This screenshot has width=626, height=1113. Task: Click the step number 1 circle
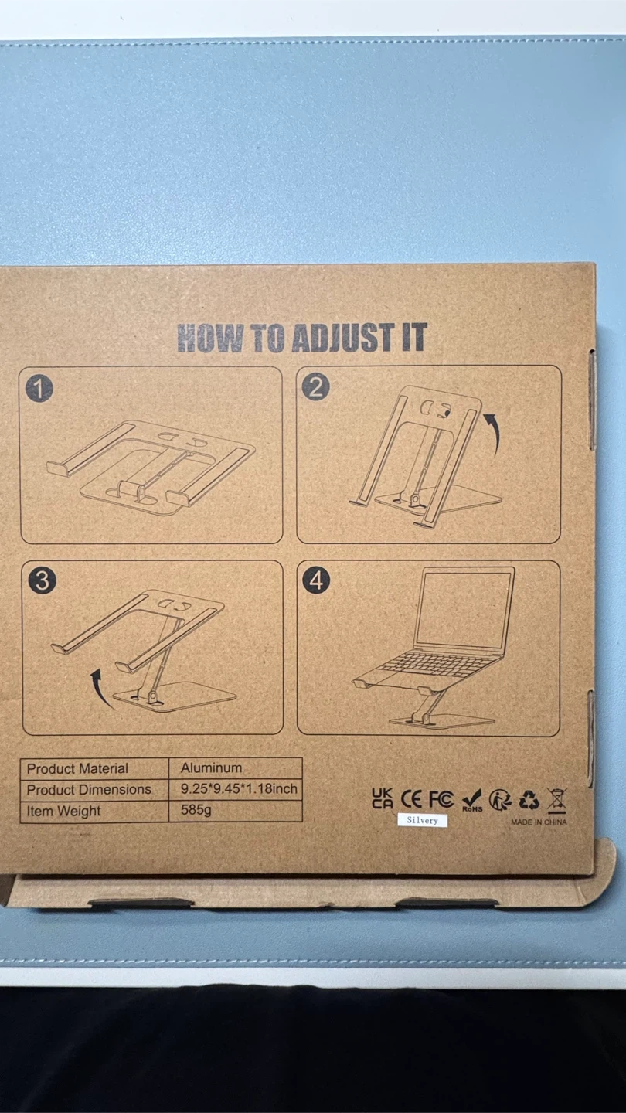pyautogui.click(x=39, y=388)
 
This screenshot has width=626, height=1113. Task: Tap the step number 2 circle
pyautogui.click(x=316, y=386)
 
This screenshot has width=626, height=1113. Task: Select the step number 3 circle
pyautogui.click(x=43, y=581)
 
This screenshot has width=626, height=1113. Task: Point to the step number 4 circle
pyautogui.click(x=317, y=580)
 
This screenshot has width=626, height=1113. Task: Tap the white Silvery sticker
pyautogui.click(x=422, y=820)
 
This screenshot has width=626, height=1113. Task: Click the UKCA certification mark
pyautogui.click(x=383, y=798)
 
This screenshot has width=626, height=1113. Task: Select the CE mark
pyautogui.click(x=411, y=799)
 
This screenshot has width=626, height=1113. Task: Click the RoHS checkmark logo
pyautogui.click(x=472, y=800)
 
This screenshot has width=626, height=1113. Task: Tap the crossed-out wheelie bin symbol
pyautogui.click(x=556, y=801)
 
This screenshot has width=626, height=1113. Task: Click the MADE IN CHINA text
pyautogui.click(x=539, y=822)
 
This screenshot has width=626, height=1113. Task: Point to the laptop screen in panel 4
pyautogui.click(x=464, y=610)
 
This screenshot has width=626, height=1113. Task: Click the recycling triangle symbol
pyautogui.click(x=529, y=800)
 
